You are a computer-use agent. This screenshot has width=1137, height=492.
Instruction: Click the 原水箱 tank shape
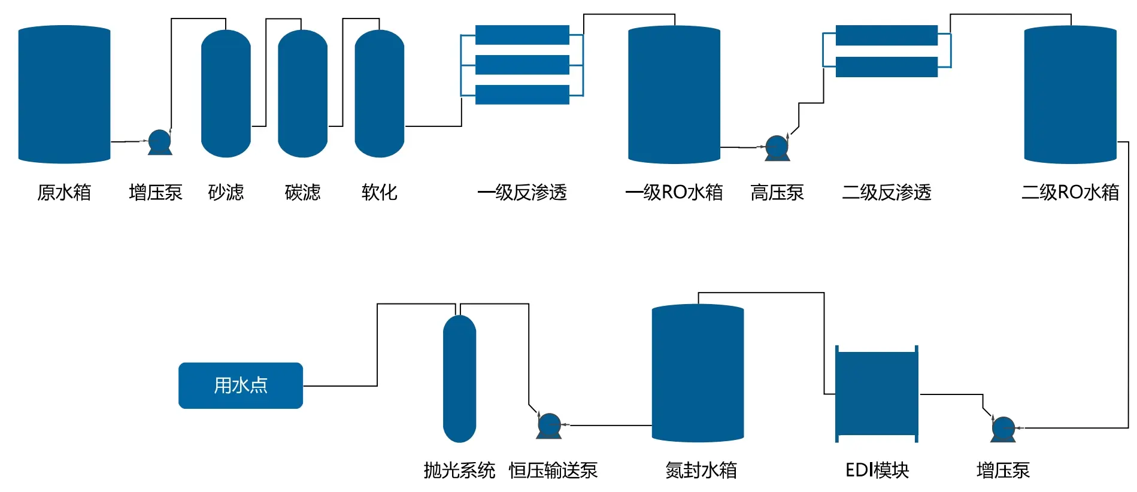coord(64,95)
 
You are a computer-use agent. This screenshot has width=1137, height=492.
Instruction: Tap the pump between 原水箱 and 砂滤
coord(160,142)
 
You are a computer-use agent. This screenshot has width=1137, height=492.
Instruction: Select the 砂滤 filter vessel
coord(226,94)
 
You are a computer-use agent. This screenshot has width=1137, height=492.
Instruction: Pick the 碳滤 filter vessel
coord(302,94)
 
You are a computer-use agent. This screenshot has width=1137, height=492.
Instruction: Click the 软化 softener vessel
coord(379,94)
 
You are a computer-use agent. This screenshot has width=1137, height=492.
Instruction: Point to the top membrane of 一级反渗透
coord(521,35)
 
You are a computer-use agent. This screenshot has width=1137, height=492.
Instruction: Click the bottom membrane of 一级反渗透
coord(521,95)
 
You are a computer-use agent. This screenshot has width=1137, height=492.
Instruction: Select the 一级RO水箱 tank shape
coord(674,95)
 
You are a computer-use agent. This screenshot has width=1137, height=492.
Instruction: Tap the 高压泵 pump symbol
coord(777,148)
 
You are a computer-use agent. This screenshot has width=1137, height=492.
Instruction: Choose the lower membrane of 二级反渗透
coord(886,66)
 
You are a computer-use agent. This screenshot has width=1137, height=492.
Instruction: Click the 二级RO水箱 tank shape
coord(1070,95)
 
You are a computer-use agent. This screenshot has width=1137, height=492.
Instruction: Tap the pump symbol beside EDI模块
coord(1003,429)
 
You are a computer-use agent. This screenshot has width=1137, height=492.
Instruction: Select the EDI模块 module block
coord(877,394)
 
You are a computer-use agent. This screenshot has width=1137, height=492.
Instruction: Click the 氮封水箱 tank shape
coord(698,373)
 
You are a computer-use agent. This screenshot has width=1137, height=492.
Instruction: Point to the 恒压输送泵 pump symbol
coord(549,426)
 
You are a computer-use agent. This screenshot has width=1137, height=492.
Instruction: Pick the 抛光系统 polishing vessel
coord(459,379)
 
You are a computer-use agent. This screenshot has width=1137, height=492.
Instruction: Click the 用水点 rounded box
coord(241,385)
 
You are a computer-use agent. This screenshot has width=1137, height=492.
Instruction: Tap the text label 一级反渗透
coord(521,192)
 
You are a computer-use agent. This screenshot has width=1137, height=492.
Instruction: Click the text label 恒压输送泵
coord(553,470)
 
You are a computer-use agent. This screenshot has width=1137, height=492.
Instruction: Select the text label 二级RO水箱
coord(1070,192)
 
